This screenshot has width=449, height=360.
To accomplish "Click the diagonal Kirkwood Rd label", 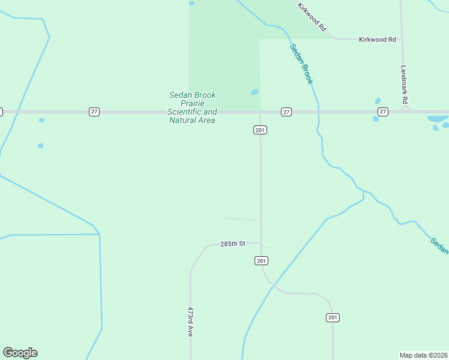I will click(312, 17).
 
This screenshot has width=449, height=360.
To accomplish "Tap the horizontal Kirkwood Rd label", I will click(377, 40).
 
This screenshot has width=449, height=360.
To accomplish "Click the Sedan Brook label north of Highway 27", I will click(301, 64).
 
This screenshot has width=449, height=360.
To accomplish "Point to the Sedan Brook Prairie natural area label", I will click(192, 107).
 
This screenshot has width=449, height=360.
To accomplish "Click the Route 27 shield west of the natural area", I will click(94, 112).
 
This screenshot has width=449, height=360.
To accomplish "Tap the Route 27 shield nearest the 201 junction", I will click(286, 112).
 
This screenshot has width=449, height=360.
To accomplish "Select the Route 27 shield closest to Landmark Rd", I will click(383, 112).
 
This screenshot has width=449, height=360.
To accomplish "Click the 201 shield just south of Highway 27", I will click(260, 130).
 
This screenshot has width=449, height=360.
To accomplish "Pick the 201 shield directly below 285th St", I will click(261, 260).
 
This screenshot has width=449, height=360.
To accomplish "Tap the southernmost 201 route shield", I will click(333, 317).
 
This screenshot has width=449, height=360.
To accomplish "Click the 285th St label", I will click(233, 244).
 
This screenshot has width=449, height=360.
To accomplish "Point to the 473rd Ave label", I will click(190, 322).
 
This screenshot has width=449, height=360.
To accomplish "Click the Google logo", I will click(20, 353).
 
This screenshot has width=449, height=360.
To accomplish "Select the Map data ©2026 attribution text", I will click(423, 355).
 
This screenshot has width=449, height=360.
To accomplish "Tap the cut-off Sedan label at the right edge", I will click(439, 245).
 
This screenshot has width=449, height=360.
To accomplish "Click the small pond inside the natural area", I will click(255, 92).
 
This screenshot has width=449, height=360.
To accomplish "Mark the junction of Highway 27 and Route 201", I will click(260, 112).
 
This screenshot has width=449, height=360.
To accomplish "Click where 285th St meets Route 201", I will click(261, 243).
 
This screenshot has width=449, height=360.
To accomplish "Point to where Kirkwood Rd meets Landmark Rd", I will click(401, 40).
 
